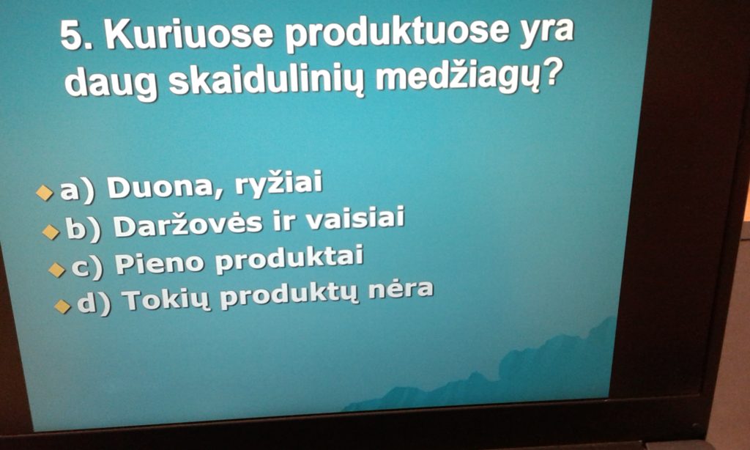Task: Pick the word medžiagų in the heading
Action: [460, 77]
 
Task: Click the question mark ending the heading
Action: [552, 72]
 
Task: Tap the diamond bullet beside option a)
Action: [45, 193]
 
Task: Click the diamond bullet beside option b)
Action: [51, 232]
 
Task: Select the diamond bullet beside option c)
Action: [57, 270]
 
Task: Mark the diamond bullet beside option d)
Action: [63, 306]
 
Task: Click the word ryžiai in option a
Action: [279, 183]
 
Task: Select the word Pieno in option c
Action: [160, 263]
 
